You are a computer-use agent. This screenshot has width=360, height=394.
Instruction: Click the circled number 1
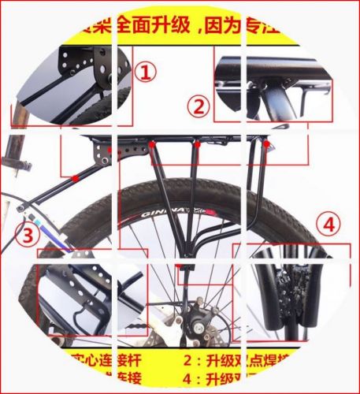pos(144,73)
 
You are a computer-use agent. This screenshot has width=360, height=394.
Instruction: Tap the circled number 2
pos(198,106)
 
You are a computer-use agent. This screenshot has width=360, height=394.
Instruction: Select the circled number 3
pos(28,234)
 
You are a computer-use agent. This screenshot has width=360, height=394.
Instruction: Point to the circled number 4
pos(330,224)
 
